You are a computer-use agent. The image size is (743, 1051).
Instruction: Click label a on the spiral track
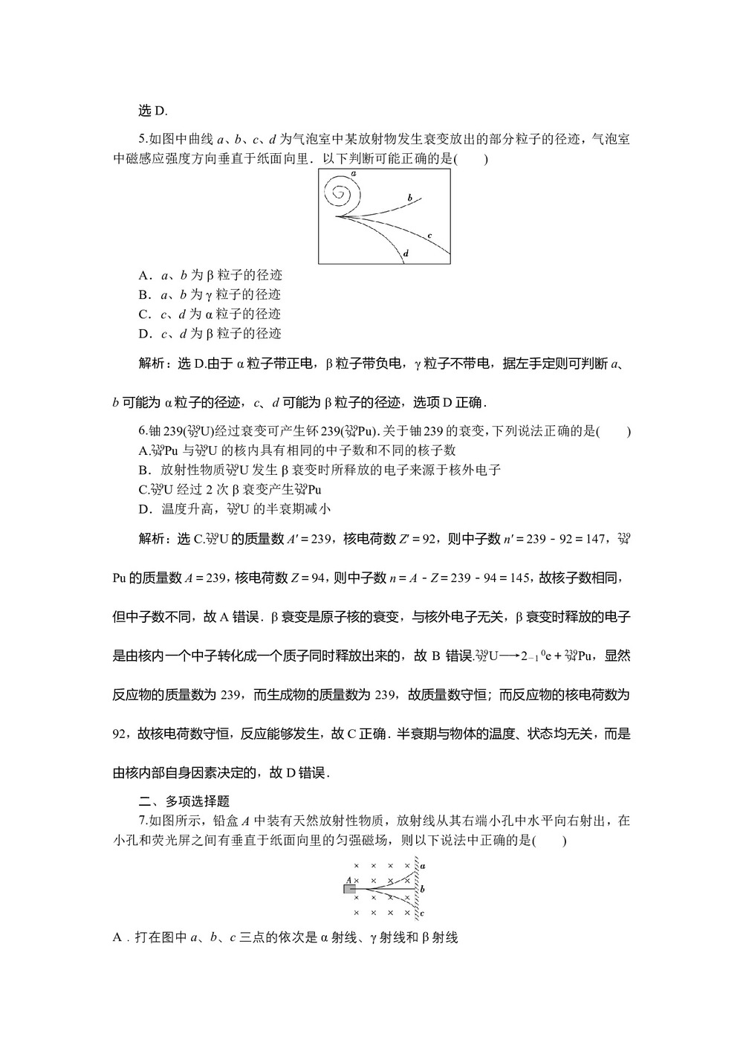(x=354, y=173)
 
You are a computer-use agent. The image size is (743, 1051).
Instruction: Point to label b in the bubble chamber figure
(x=409, y=198)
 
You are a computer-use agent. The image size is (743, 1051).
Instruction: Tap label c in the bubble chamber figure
(x=429, y=236)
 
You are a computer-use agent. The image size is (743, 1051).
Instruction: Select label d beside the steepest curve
(x=406, y=253)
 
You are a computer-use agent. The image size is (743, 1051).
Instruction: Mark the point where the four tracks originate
(x=337, y=216)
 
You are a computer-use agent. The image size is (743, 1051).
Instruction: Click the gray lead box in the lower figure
(x=349, y=888)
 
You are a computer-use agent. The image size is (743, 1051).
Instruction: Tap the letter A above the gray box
(x=348, y=879)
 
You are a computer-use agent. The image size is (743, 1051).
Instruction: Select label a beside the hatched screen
(x=422, y=866)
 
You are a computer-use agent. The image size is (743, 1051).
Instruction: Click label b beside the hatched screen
(x=422, y=889)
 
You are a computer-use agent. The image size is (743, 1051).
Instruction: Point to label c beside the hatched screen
(x=422, y=913)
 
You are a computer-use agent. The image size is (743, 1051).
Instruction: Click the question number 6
(x=142, y=431)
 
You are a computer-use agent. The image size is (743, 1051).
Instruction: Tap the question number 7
(x=142, y=821)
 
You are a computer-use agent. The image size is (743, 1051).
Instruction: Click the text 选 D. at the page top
(x=153, y=111)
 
